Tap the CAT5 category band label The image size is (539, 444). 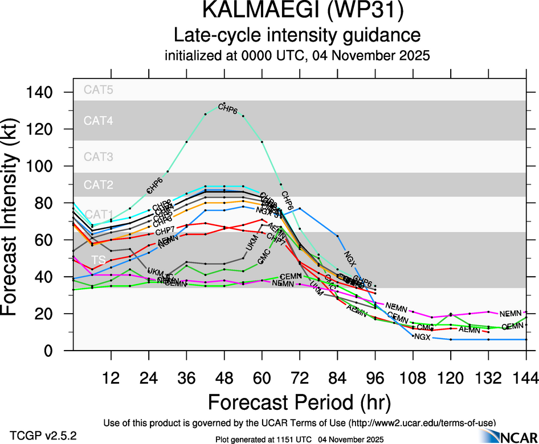tap(99, 89)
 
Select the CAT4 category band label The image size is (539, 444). tap(99, 120)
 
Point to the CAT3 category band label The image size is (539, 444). tap(99, 157)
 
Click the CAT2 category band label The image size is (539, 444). tap(99, 184)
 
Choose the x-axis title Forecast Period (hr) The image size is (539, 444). tap(299, 402)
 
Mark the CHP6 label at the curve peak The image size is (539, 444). tap(227, 110)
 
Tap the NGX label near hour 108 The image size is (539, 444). tap(422, 337)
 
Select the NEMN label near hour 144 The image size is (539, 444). tap(511, 314)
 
